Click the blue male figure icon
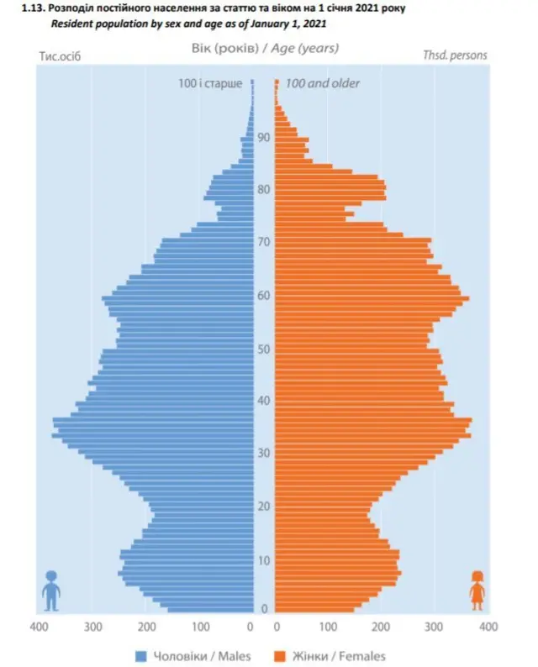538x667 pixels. [x=51, y=590]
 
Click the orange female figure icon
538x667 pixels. [x=477, y=590]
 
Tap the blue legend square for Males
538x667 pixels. [x=141, y=655]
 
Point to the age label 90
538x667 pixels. [x=264, y=138]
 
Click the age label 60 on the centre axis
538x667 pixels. [x=264, y=296]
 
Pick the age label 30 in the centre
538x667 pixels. [x=264, y=454]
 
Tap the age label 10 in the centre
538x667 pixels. [x=264, y=560]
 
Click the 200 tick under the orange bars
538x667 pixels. [x=381, y=627]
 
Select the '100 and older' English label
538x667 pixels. [x=323, y=83]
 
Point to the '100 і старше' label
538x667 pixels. [x=210, y=83]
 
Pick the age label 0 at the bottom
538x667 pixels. [x=264, y=609]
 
